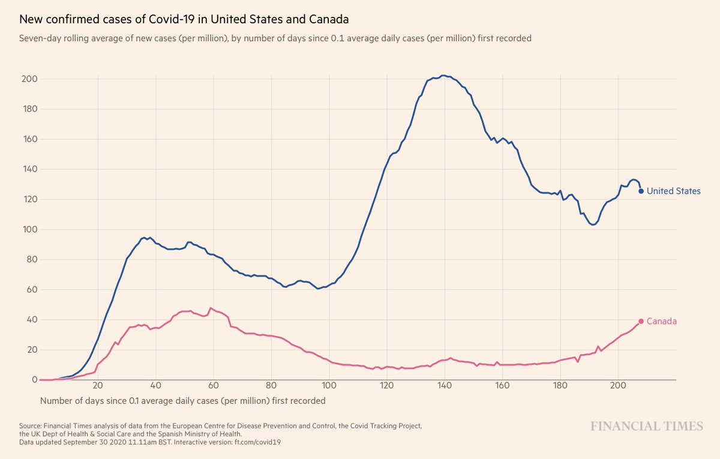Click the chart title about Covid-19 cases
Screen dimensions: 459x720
(184, 19)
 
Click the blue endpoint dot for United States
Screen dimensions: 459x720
(641, 191)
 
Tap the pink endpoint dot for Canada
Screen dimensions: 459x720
(641, 321)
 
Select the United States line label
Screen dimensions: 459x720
(673, 191)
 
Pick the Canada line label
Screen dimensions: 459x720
(662, 321)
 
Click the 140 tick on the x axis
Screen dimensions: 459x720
(444, 386)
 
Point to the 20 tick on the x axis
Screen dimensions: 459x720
(98, 386)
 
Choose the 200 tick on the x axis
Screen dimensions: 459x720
(617, 386)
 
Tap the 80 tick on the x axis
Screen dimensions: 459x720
(271, 386)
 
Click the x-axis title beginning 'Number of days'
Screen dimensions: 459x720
(183, 400)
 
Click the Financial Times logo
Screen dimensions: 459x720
(647, 426)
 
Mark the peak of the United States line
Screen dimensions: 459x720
(443, 76)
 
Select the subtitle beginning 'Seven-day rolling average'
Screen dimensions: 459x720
(275, 38)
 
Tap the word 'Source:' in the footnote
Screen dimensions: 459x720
(32, 426)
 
